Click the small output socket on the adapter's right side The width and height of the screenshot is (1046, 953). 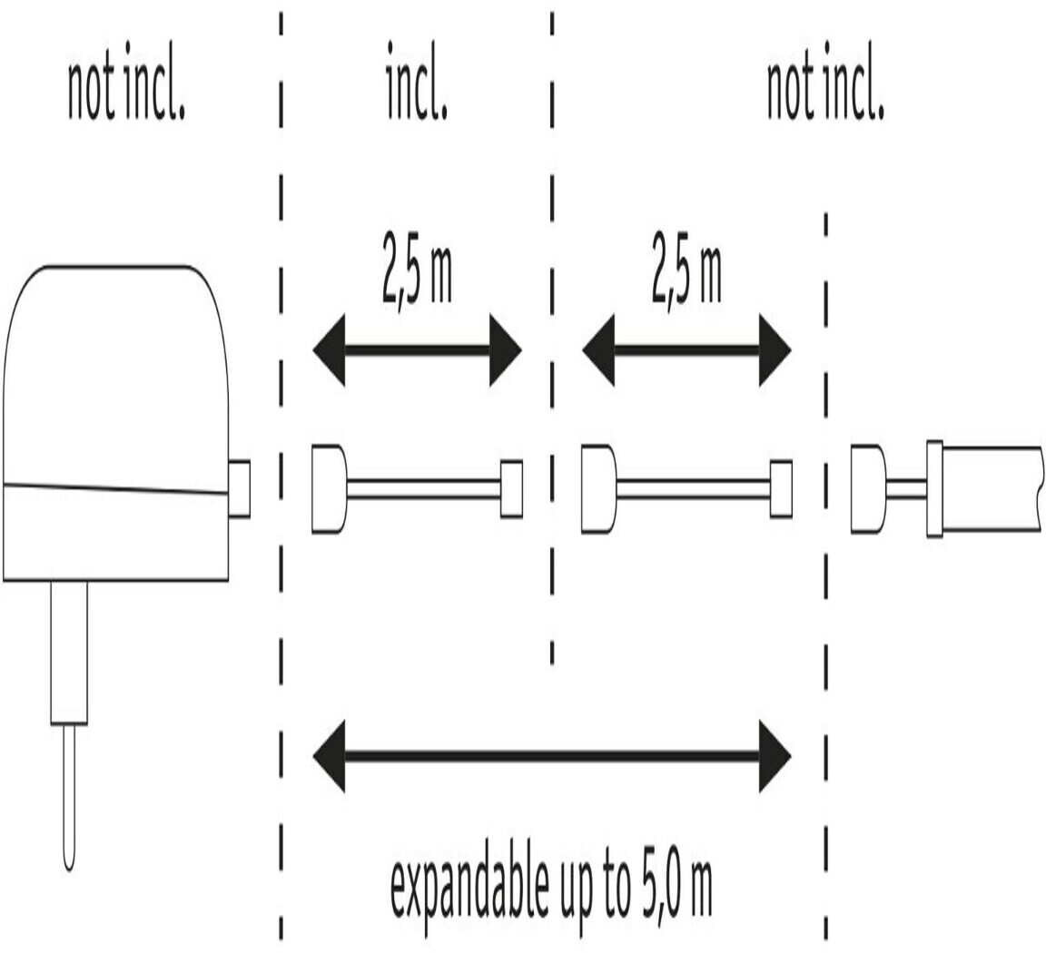(239, 489)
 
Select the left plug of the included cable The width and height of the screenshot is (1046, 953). (328, 488)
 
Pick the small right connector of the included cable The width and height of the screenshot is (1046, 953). (511, 489)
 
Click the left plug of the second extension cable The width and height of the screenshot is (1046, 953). (597, 488)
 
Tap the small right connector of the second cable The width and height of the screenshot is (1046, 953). (781, 489)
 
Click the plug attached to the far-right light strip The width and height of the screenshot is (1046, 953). (867, 488)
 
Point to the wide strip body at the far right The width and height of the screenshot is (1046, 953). (992, 488)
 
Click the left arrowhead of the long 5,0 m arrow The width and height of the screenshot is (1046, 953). (329, 755)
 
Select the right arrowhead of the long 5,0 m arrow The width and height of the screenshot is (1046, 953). (775, 755)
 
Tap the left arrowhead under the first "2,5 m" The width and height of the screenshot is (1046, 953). (329, 349)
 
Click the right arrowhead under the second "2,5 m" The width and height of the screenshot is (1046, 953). (775, 349)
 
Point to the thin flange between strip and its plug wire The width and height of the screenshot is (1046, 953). (934, 488)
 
